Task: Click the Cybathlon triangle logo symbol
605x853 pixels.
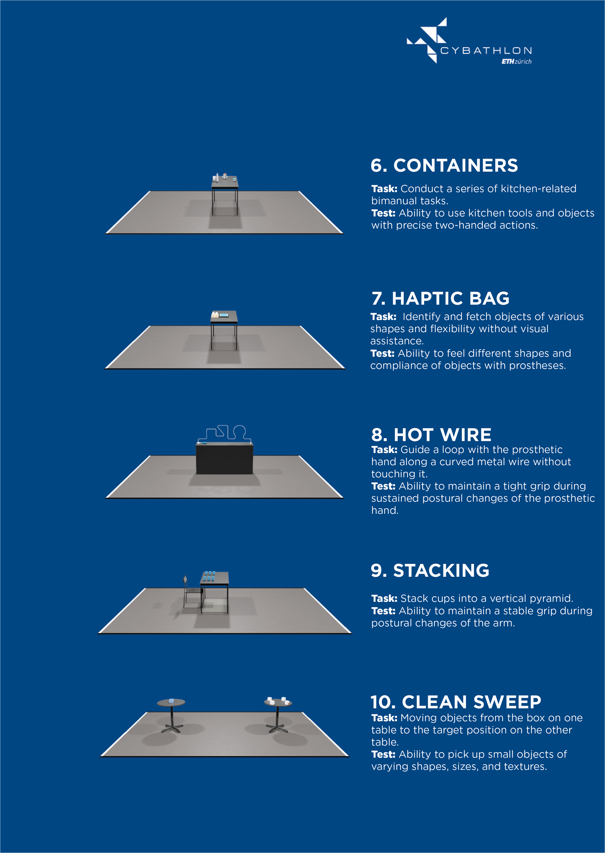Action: pos(427,40)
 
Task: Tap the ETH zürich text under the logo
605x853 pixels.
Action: pos(516,61)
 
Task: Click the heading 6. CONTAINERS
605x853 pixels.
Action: pos(444,165)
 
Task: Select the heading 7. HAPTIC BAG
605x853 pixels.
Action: pos(440,299)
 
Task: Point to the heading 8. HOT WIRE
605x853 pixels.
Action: pos(431,435)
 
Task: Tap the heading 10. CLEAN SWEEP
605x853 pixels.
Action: pos(456,702)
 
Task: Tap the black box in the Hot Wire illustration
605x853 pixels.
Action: pos(224,458)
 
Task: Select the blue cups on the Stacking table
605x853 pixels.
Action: pos(209,576)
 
